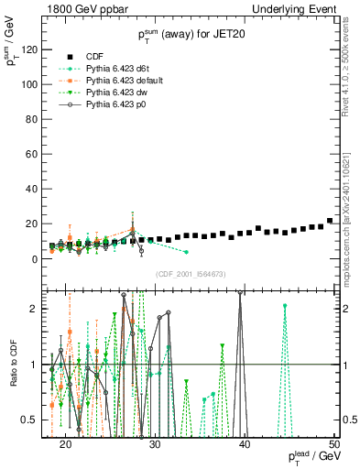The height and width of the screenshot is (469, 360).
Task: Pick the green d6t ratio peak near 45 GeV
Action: pos(285,306)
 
